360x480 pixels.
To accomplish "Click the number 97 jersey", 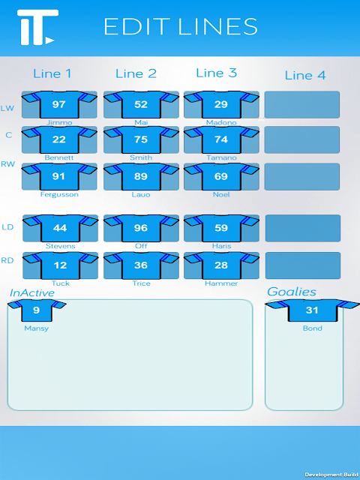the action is [59, 104].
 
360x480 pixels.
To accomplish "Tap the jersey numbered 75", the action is [141, 139].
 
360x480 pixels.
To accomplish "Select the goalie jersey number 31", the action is [312, 310].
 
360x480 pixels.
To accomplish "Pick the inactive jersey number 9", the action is [37, 310].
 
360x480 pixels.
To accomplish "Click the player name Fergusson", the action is [59, 194].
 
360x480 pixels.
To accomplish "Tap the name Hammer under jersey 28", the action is [221, 283].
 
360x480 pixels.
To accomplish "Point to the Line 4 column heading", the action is [305, 75].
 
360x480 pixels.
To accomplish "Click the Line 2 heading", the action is [136, 73].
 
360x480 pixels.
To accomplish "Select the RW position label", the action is [8, 164].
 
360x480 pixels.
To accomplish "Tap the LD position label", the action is [7, 227].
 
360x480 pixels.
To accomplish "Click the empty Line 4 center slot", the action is [301, 139].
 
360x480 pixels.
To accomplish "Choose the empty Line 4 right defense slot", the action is [303, 265].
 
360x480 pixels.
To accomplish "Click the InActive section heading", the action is [32, 293].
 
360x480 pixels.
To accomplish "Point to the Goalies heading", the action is [292, 292].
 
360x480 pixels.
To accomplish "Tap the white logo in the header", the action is [38, 27].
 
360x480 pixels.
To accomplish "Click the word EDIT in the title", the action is [136, 27].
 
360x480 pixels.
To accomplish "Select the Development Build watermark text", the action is [331, 475].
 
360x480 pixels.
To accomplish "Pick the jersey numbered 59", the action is [221, 228].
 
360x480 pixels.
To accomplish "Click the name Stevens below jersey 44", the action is [60, 246].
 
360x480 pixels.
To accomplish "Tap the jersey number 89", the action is [141, 176].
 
